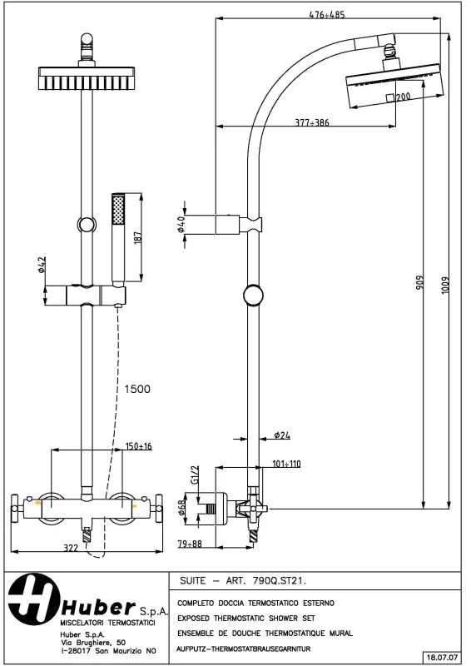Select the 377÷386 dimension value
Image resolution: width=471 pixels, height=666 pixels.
(x=312, y=122)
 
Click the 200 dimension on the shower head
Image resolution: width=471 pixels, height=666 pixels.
(x=403, y=97)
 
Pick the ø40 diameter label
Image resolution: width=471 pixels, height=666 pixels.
(x=181, y=225)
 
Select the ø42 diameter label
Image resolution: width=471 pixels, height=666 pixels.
(x=40, y=266)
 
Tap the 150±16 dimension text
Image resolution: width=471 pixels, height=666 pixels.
(x=138, y=446)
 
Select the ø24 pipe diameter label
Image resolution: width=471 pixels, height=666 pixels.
(x=281, y=435)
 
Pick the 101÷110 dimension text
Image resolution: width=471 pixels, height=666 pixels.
(x=285, y=464)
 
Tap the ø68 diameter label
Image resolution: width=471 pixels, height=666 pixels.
(x=183, y=506)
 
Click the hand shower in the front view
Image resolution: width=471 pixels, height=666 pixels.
(x=118, y=237)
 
